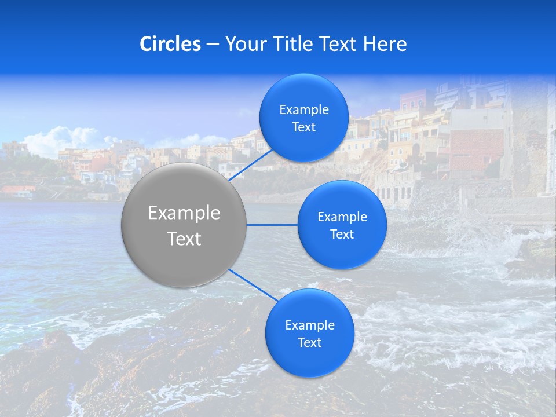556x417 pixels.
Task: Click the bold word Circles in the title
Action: coord(170,44)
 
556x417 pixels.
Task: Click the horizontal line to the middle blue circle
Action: coord(272,225)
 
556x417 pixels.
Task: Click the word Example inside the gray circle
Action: coord(184,213)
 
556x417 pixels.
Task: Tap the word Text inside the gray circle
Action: coord(184,239)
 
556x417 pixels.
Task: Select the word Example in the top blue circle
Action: coord(304,110)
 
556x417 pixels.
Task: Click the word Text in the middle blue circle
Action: coord(342,235)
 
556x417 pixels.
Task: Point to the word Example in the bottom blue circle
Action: coord(310,325)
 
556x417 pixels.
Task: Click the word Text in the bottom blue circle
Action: coord(309,343)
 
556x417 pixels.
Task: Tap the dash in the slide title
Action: coord(213,44)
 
